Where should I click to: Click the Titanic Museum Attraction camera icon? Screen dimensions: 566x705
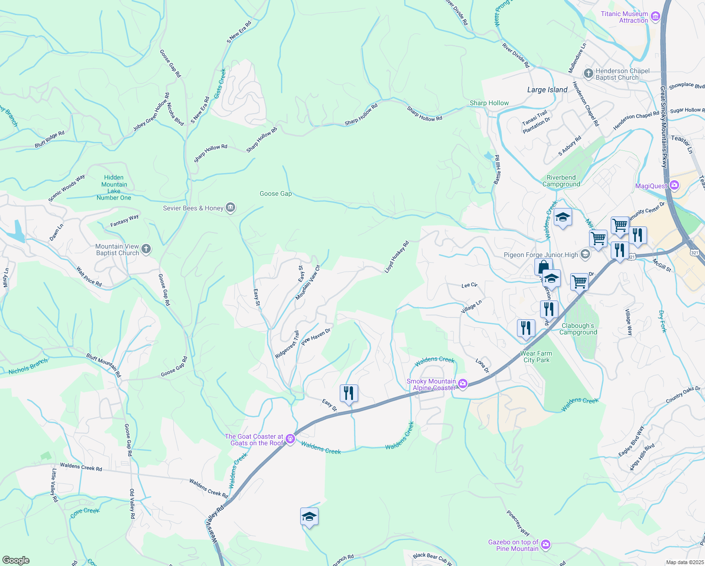655,17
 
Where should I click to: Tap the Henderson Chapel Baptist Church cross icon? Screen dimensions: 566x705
588,74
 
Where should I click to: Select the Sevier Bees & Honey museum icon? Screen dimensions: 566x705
230,208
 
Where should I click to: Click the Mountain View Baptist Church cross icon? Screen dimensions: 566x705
146,249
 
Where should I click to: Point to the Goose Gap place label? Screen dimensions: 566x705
276,193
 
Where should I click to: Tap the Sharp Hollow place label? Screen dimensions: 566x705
489,103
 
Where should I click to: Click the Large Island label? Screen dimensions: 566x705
547,90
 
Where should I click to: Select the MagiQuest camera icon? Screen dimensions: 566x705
674,185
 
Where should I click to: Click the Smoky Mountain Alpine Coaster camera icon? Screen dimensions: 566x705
463,384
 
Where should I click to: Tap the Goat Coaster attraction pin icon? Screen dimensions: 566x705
290,439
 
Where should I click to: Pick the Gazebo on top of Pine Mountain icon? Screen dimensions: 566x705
546,545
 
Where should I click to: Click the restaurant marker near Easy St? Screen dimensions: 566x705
349,393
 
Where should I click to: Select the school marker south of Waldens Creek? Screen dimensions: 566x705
309,516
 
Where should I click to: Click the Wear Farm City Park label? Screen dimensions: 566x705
536,357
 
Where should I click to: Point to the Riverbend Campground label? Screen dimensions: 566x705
561,181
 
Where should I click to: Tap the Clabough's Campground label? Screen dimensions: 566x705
578,329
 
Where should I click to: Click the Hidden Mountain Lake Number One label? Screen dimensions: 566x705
114,187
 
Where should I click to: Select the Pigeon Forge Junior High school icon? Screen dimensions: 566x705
585,255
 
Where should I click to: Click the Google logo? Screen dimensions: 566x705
16,560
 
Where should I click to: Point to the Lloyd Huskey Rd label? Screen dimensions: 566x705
396,257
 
